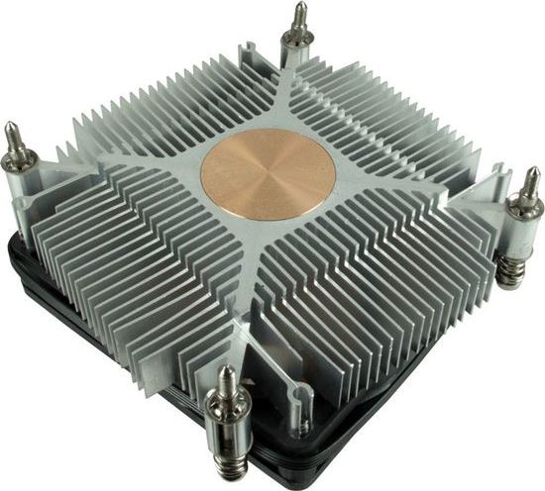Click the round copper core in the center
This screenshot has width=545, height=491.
coord(268,174)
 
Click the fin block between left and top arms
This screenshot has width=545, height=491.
coord(159,119)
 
